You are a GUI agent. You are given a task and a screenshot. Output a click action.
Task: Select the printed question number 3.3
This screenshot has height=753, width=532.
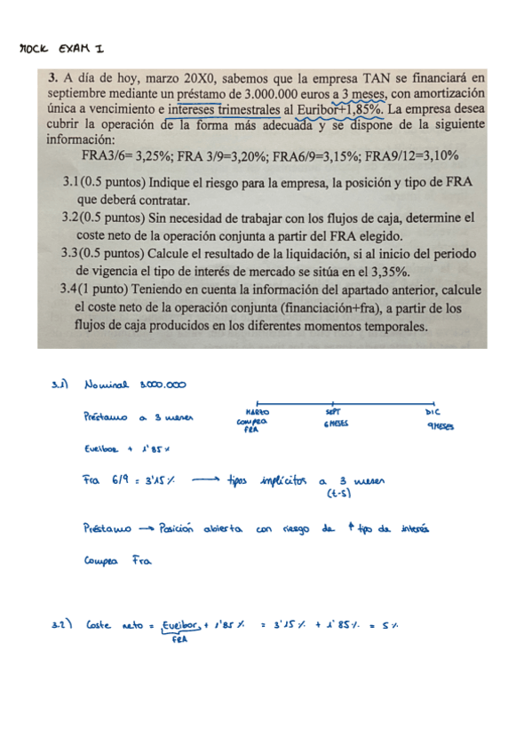pyautogui.click(x=74, y=253)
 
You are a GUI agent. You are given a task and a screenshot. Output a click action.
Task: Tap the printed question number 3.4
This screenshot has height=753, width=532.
pyautogui.click(x=74, y=289)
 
